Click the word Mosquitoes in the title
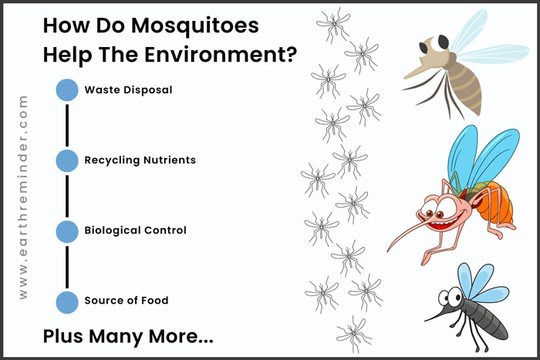pyautogui.click(x=195, y=26)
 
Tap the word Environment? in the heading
pyautogui.click(x=221, y=55)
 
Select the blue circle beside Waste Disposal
pyautogui.click(x=67, y=90)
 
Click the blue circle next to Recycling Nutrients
pyautogui.click(x=67, y=160)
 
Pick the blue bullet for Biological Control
pyautogui.click(x=67, y=231)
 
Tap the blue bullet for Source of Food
pyautogui.click(x=67, y=302)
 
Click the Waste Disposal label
pyautogui.click(x=128, y=90)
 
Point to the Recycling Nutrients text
pyautogui.click(x=140, y=160)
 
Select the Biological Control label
pyautogui.click(x=135, y=230)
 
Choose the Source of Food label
pyautogui.click(x=127, y=301)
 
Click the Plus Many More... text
pyautogui.click(x=128, y=336)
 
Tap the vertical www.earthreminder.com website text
pyautogui.click(x=22, y=197)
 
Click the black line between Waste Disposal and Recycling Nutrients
pyautogui.click(x=67, y=126)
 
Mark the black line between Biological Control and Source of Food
pyautogui.click(x=67, y=267)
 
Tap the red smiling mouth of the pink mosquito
pyautogui.click(x=442, y=224)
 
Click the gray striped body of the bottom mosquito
pyautogui.click(x=485, y=319)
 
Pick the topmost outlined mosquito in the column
pyautogui.click(x=333, y=25)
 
